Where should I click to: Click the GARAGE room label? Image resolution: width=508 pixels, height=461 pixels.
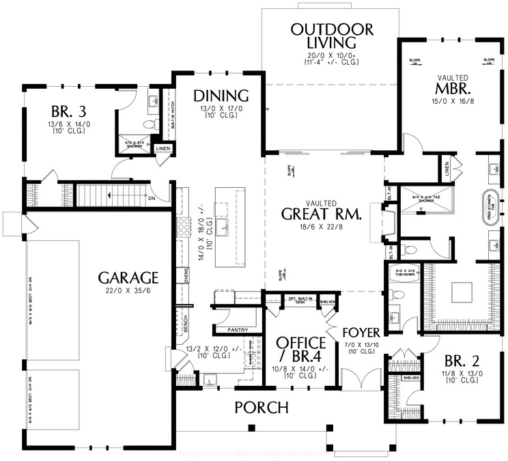click(x=128, y=277)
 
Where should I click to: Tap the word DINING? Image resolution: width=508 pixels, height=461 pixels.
click(x=220, y=95)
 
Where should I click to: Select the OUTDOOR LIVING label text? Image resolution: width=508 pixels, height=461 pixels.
click(x=332, y=37)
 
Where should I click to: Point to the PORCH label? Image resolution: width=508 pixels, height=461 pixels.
click(x=262, y=408)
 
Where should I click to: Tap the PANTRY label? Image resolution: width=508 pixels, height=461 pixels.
click(x=238, y=329)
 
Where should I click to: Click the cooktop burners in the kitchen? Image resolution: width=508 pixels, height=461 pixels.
click(x=183, y=227)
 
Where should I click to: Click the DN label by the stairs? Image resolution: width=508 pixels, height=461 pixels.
click(x=154, y=198)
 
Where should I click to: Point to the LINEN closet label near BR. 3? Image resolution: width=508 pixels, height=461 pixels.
click(x=163, y=148)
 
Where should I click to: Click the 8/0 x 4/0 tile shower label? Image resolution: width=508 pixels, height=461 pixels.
click(x=416, y=198)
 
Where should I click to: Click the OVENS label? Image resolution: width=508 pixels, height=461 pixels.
click(x=186, y=275)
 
